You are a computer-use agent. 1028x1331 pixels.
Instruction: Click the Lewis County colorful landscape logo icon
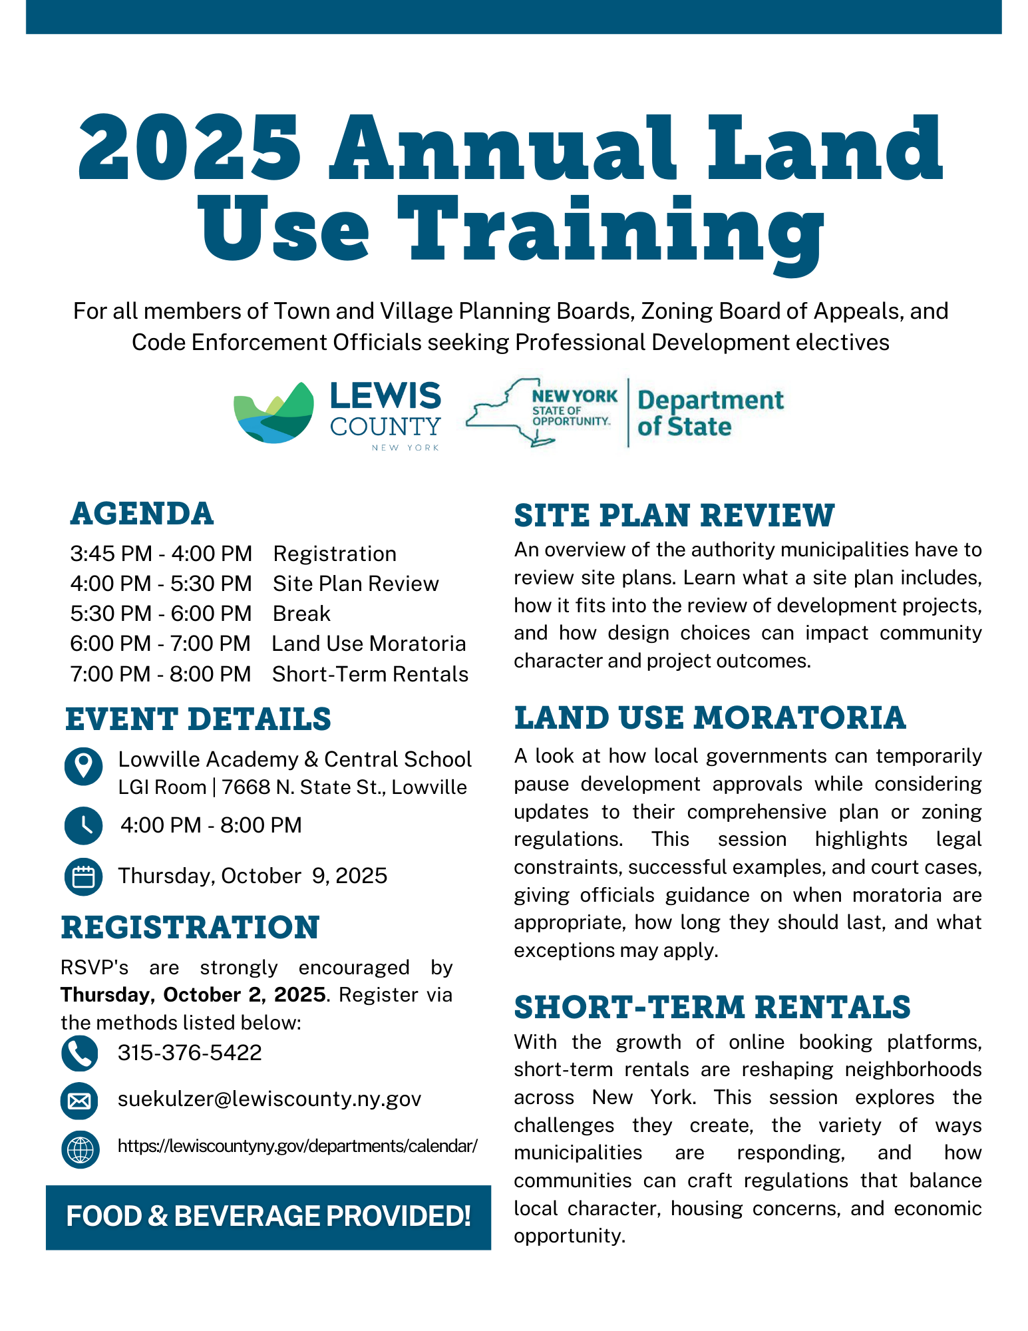tap(273, 413)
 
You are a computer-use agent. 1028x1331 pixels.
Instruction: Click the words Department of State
tap(710, 413)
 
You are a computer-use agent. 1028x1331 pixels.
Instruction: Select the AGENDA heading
tap(142, 514)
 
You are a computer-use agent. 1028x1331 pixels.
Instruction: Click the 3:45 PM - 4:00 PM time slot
tap(161, 554)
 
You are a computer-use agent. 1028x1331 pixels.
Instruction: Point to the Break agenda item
tap(301, 614)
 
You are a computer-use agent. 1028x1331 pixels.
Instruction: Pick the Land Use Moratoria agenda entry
tap(369, 644)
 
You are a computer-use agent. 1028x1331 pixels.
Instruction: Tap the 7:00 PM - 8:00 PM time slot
tap(160, 674)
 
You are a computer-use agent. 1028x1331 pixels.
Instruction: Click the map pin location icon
tap(83, 766)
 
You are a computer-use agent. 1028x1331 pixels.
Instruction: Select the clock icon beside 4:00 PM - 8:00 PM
tap(83, 826)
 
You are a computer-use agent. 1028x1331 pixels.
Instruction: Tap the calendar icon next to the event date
tap(83, 876)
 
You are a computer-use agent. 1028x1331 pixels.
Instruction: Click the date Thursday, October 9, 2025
tap(252, 876)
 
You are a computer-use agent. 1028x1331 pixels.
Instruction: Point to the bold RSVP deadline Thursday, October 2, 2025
tap(193, 995)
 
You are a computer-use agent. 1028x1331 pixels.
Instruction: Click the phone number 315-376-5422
tap(190, 1053)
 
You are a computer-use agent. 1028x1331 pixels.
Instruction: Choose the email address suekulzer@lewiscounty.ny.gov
tap(269, 1099)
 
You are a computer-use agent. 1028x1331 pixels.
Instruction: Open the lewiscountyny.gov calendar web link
tap(297, 1146)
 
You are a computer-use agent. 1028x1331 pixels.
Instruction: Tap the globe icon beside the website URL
tap(80, 1149)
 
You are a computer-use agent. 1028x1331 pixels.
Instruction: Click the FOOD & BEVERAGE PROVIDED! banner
tap(268, 1217)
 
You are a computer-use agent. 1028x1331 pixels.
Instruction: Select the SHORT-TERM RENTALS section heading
tap(712, 1008)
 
